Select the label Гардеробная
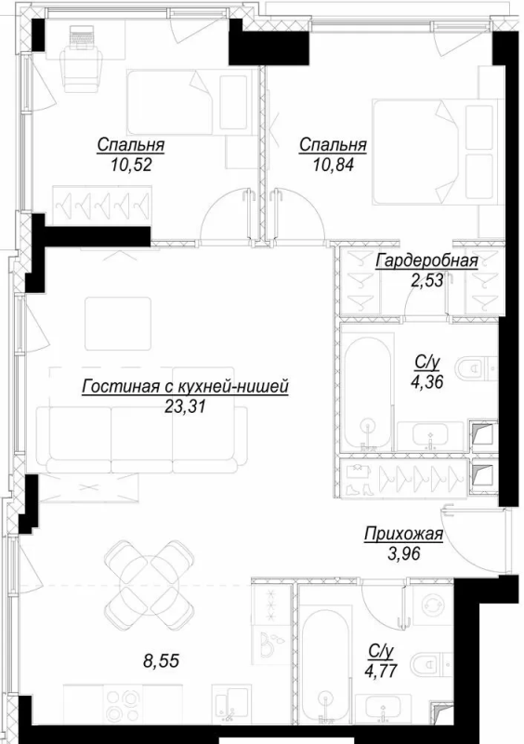click(426, 261)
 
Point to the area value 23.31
click(184, 405)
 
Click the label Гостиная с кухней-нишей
click(185, 386)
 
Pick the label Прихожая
click(402, 534)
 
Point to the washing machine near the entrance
click(430, 604)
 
